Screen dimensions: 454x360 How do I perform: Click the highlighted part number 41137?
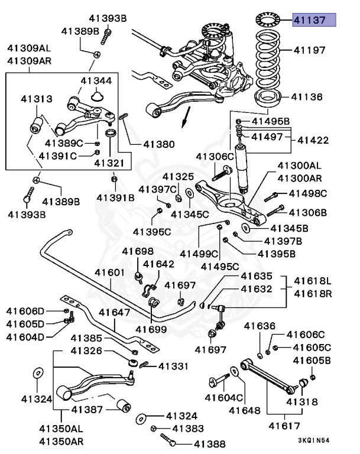point(315,20)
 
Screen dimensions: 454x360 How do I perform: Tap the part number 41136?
point(307,96)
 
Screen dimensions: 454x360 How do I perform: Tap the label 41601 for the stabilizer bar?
point(110,273)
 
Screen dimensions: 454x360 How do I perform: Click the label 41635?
point(256,276)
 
